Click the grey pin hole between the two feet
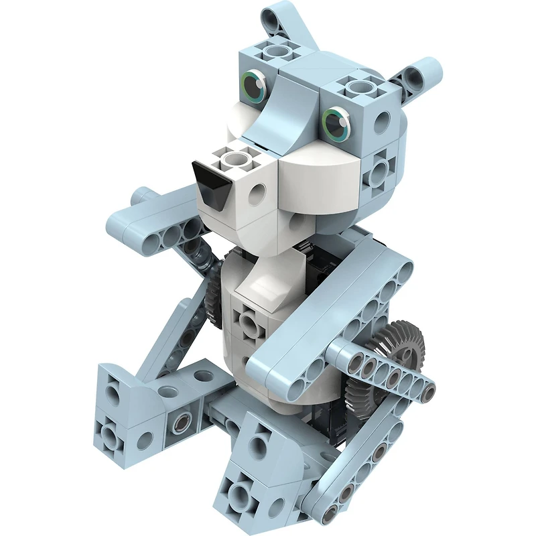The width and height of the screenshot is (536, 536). (180, 422)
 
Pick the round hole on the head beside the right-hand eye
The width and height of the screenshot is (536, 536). (381, 122)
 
